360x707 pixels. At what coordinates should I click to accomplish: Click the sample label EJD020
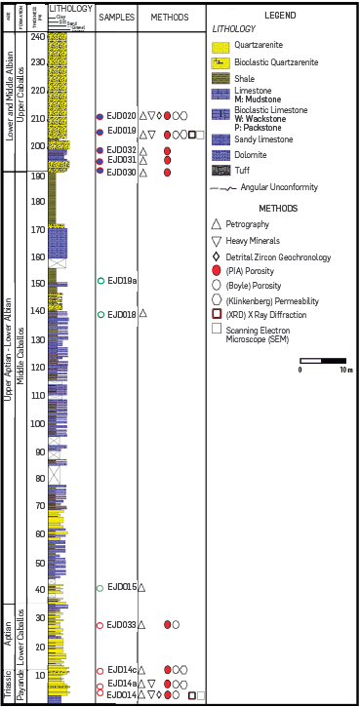coord(121,116)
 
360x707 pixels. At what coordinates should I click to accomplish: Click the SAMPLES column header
coord(115,18)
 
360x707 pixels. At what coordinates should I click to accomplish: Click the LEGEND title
coord(282,17)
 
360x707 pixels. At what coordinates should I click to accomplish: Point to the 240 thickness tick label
coord(38,36)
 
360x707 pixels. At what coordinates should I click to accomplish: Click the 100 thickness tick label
coord(38,423)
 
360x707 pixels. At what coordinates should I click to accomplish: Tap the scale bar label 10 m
coord(345,371)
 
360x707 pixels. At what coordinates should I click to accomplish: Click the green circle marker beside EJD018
coord(100,314)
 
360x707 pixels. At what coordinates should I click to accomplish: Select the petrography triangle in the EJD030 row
coord(143,173)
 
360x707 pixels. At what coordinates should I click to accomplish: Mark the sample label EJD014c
coord(122,670)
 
